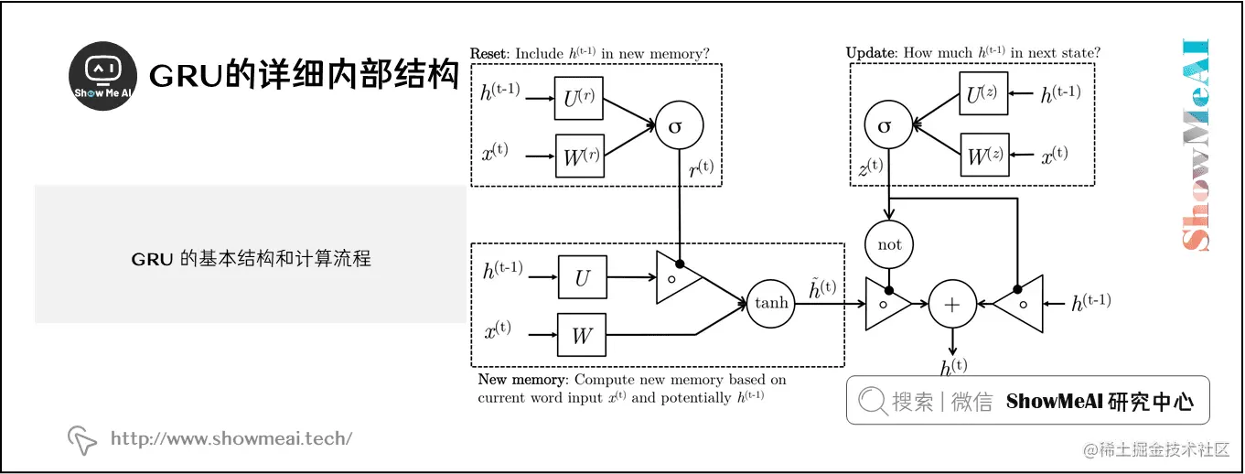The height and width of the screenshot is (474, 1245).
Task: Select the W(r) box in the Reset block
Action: pos(578,156)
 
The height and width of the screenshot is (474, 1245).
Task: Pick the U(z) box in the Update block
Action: pos(982,93)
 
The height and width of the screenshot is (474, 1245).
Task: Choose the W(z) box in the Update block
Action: pos(982,154)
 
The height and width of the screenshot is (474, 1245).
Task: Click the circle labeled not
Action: pos(888,244)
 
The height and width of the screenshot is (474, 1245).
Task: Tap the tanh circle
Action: pos(771,303)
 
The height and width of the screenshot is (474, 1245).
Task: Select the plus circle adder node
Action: pos(952,303)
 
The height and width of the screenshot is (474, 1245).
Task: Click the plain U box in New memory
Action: pos(582,276)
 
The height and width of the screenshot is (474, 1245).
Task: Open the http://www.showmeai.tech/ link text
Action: pos(231,438)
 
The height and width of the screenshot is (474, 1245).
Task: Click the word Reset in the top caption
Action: pos(489,54)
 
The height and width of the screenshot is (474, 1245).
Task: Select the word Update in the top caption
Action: pos(871,54)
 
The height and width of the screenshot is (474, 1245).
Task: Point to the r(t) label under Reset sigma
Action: pos(702,170)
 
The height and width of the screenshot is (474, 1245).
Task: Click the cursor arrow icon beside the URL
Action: pos(82,440)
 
